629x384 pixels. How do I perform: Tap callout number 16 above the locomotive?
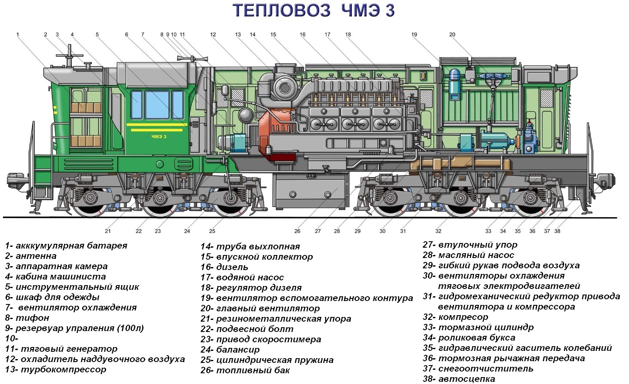click(302, 34)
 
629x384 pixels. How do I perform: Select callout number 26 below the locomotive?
click(297, 231)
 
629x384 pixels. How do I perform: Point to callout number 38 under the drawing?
click(557, 231)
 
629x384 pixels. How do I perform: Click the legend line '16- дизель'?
click(224, 267)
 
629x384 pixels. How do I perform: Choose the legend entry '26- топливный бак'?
click(245, 370)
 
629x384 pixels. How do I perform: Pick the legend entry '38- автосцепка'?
click(459, 379)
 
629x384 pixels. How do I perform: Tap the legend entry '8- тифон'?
click(27, 318)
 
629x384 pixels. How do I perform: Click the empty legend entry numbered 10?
click(12, 338)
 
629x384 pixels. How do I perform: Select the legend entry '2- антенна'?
click(31, 256)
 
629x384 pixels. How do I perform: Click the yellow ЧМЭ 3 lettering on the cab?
click(159, 137)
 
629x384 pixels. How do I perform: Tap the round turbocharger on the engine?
click(285, 88)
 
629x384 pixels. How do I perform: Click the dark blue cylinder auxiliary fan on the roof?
click(454, 84)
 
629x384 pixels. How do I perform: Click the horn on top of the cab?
click(193, 58)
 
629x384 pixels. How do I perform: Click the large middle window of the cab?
click(157, 105)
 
